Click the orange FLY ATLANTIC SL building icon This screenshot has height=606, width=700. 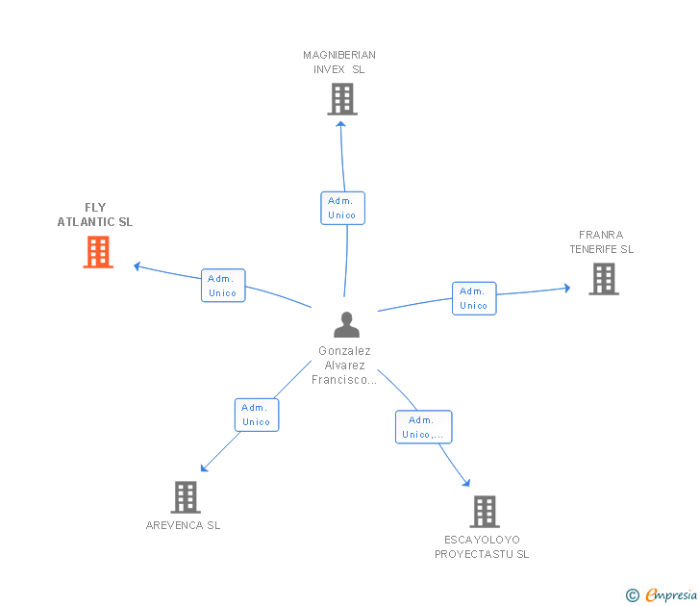pyautogui.click(x=98, y=252)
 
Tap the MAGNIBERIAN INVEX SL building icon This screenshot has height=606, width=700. pyautogui.click(x=342, y=99)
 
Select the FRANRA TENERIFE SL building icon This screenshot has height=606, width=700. pyautogui.click(x=603, y=279)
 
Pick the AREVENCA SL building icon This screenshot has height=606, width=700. pyautogui.click(x=186, y=497)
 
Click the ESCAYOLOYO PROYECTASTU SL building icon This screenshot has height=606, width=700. pyautogui.click(x=485, y=512)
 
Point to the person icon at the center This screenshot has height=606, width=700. pyautogui.click(x=346, y=325)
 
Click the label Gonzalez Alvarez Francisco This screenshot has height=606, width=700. pyautogui.click(x=343, y=366)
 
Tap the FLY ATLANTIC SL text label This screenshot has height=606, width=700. pyautogui.click(x=95, y=215)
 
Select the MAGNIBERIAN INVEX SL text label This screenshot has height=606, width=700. pyautogui.click(x=339, y=62)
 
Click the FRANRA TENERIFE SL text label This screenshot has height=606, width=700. pyautogui.click(x=601, y=241)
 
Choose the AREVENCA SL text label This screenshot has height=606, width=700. pyautogui.click(x=184, y=525)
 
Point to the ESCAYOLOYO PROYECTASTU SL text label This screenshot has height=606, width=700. pyautogui.click(x=482, y=546)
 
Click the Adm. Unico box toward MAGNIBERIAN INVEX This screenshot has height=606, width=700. pyautogui.click(x=342, y=208)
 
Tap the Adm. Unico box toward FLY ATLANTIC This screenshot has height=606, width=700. pyautogui.click(x=223, y=286)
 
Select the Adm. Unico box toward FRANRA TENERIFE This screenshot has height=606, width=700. pyautogui.click(x=474, y=298)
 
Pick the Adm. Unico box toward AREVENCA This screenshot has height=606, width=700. pyautogui.click(x=257, y=415)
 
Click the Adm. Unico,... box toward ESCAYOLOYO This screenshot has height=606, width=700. pyautogui.click(x=423, y=427)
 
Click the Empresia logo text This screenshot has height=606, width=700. pyautogui.click(x=671, y=595)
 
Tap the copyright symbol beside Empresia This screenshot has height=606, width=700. pyautogui.click(x=632, y=595)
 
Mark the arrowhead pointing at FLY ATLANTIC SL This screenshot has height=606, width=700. pyautogui.click(x=137, y=265)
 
